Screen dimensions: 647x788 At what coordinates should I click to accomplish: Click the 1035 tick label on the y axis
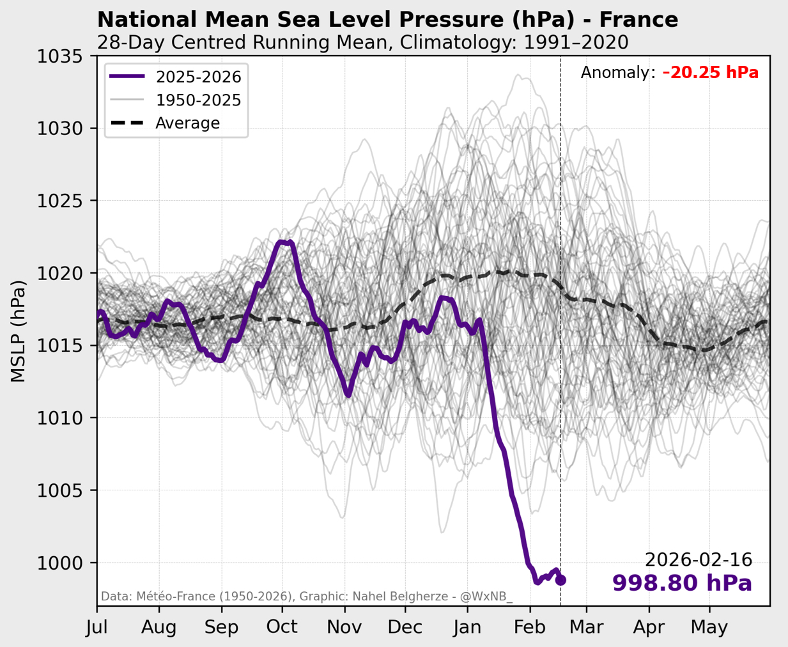(60, 56)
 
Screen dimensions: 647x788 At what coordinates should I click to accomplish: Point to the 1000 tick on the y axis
(60, 563)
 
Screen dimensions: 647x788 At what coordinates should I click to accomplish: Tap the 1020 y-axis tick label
(60, 273)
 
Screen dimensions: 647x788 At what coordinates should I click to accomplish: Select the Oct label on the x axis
(282, 627)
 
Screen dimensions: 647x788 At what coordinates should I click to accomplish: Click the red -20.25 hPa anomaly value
(711, 73)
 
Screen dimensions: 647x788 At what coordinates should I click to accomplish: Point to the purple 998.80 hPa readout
(682, 583)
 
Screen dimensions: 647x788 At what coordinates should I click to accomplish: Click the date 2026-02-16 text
(699, 560)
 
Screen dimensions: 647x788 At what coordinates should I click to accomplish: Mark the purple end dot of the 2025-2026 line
(560, 581)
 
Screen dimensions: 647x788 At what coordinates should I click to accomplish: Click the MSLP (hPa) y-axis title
(19, 331)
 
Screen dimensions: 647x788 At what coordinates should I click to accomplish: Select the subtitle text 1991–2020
(576, 42)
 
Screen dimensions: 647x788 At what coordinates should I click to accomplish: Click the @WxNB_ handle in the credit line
(486, 597)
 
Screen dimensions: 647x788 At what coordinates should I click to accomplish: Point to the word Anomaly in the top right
(617, 73)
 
